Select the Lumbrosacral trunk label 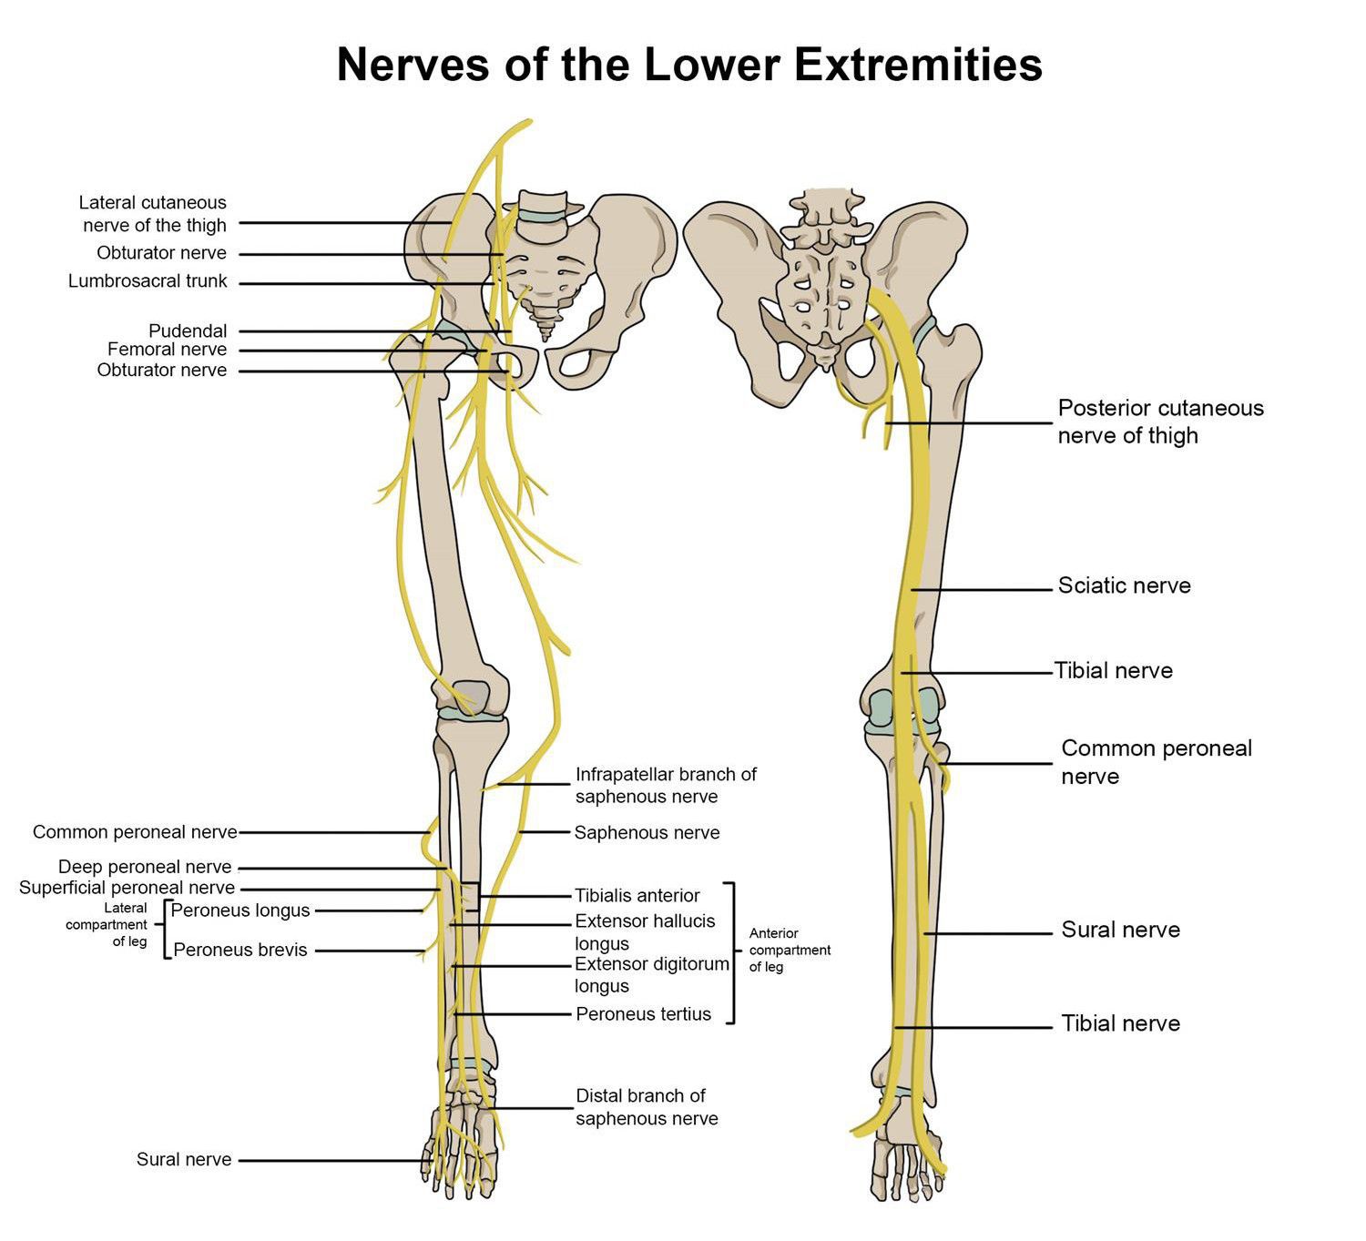coord(148,281)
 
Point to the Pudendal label coord(188,331)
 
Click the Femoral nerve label coord(167,350)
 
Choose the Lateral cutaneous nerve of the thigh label coord(153,214)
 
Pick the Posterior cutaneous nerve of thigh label coord(1160,422)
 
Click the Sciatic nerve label coord(1124,585)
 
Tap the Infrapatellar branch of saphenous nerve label coord(666,785)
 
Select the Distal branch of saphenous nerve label coord(647,1107)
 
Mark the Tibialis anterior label coord(637,896)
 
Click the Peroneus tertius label coord(643,1014)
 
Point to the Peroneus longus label coord(240,910)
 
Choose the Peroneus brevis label coord(240,950)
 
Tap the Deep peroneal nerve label coord(145,867)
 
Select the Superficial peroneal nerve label coord(127,888)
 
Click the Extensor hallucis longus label coord(644,932)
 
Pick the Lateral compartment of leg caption coord(107,924)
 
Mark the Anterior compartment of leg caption coord(790,950)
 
